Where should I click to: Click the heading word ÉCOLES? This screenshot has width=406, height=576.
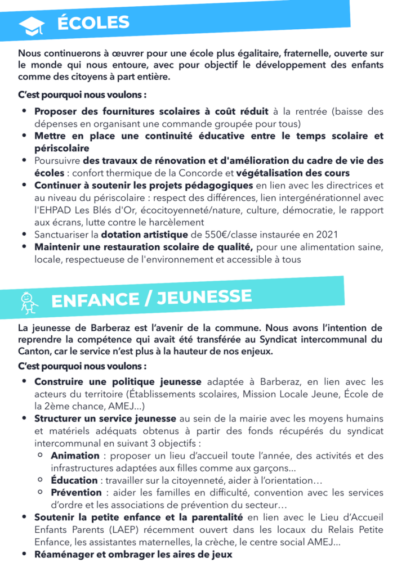point(93,22)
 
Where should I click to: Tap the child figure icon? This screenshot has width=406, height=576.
point(29,302)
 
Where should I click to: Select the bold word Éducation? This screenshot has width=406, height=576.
point(74,480)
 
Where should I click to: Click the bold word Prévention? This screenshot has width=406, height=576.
point(75,493)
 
